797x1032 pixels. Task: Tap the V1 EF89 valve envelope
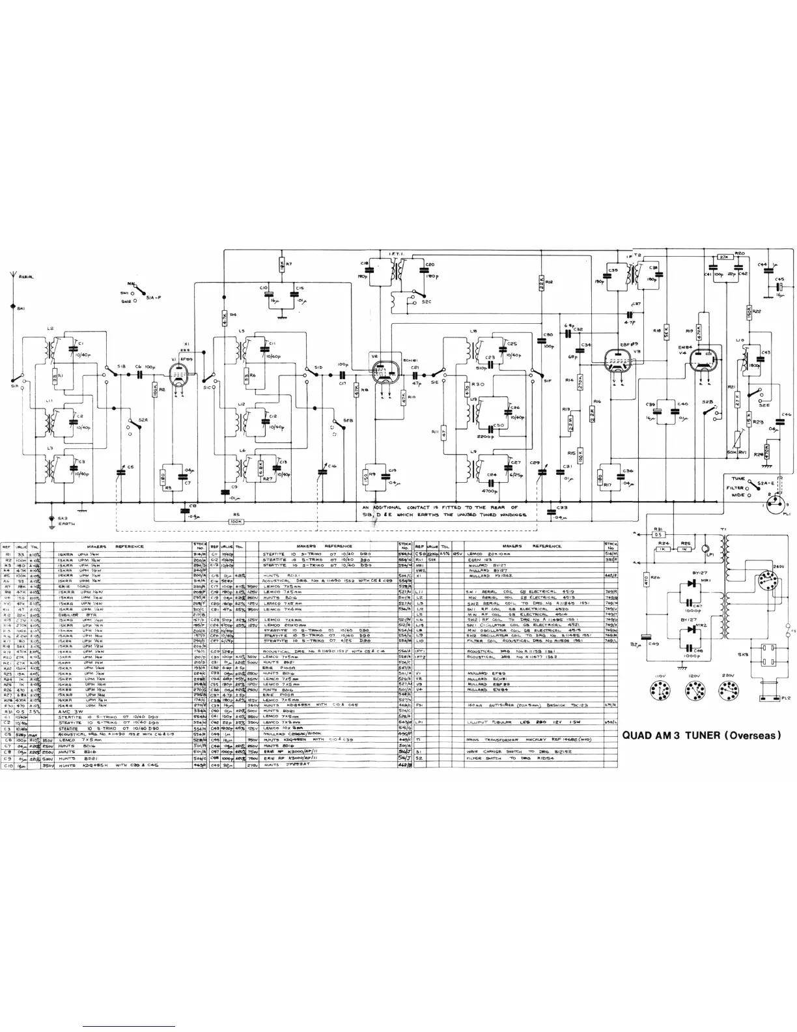pyautogui.click(x=177, y=375)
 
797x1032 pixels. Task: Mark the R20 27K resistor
pyautogui.click(x=723, y=257)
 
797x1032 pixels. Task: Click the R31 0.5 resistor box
pyautogui.click(x=658, y=535)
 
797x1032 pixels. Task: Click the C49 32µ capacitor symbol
pyautogui.click(x=647, y=640)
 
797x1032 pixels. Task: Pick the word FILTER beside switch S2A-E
pyautogui.click(x=736, y=487)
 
